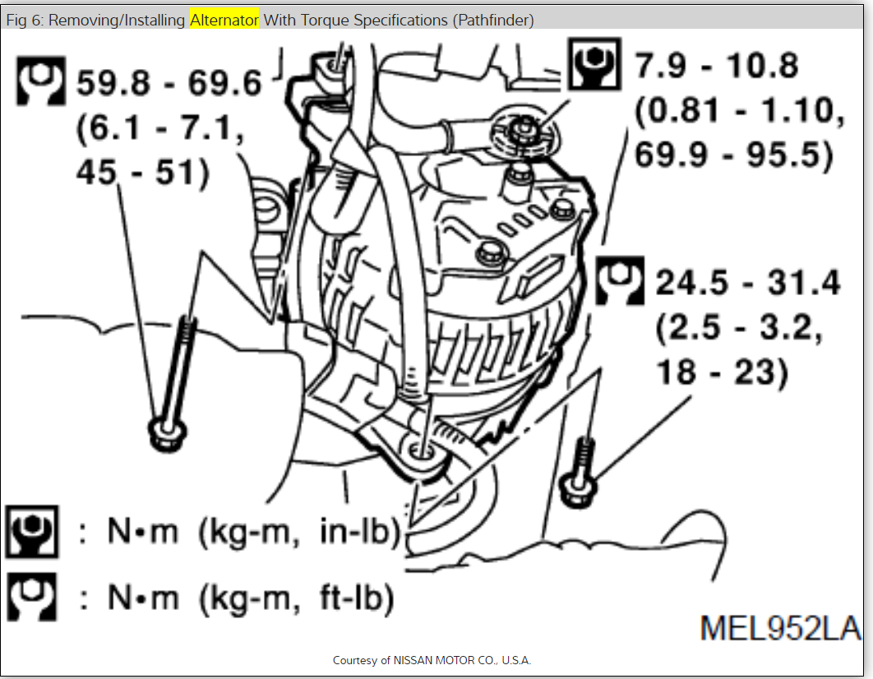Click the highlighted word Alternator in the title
224,20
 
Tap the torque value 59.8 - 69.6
169,83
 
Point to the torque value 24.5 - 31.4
748,284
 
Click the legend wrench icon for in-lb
32,532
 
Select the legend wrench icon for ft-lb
32,597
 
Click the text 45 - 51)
141,174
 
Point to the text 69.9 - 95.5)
734,155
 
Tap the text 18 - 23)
721,372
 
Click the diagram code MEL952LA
780,629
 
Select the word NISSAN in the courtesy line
421,660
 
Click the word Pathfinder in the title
493,20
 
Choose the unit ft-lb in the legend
356,598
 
